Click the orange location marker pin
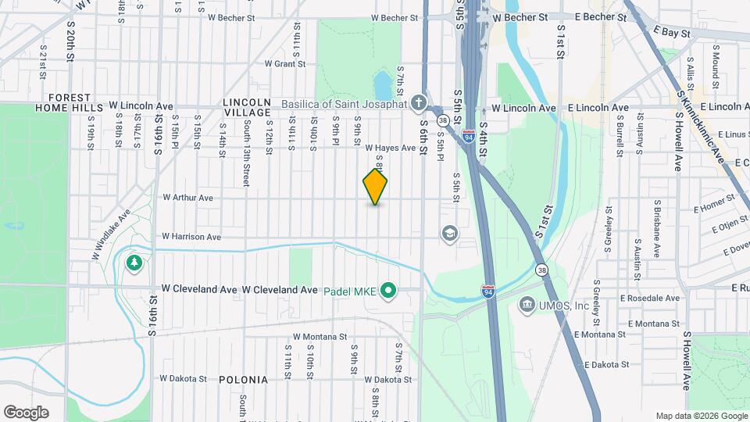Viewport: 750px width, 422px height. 375,187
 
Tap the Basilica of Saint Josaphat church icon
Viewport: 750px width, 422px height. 419,103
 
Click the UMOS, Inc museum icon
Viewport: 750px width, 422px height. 527,303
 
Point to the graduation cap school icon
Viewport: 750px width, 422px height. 449,233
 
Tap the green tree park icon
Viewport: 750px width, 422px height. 134,262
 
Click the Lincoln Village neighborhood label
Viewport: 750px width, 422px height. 246,107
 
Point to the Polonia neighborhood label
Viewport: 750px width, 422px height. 243,380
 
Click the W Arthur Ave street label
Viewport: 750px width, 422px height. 187,198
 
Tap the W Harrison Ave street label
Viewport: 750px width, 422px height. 191,236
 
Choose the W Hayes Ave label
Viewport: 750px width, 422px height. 390,148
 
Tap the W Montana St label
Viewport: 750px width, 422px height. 320,337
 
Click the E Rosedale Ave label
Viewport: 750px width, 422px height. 650,298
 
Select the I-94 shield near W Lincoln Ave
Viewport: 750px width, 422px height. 468,136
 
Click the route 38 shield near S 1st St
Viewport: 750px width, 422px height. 541,270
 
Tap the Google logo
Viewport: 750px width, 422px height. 27,412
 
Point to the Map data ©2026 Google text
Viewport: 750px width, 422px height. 700,416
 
